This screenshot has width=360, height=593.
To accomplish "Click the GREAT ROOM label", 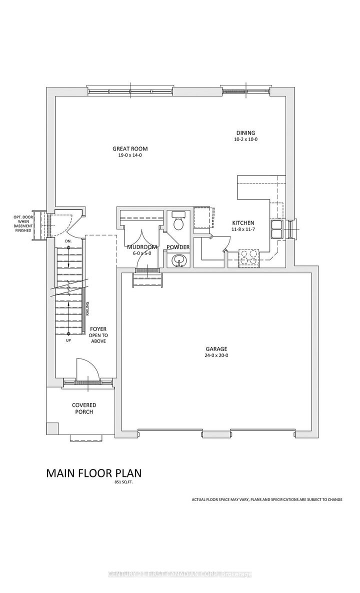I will coord(130,148).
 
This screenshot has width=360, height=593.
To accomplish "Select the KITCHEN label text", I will coord(243,223).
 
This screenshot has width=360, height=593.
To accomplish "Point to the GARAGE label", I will coord(216,349).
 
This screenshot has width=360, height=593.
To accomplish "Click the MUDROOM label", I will coord(142,247).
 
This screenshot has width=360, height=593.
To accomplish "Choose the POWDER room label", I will coord(178,247).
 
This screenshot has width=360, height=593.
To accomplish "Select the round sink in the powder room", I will coord(178,260).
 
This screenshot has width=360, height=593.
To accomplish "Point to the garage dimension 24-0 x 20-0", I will coord(216,356).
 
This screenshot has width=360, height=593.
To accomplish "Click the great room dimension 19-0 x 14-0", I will coord(130,155).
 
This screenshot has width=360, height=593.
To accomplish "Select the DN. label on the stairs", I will coord(68,242).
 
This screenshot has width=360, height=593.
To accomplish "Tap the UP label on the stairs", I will coord(68,340).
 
